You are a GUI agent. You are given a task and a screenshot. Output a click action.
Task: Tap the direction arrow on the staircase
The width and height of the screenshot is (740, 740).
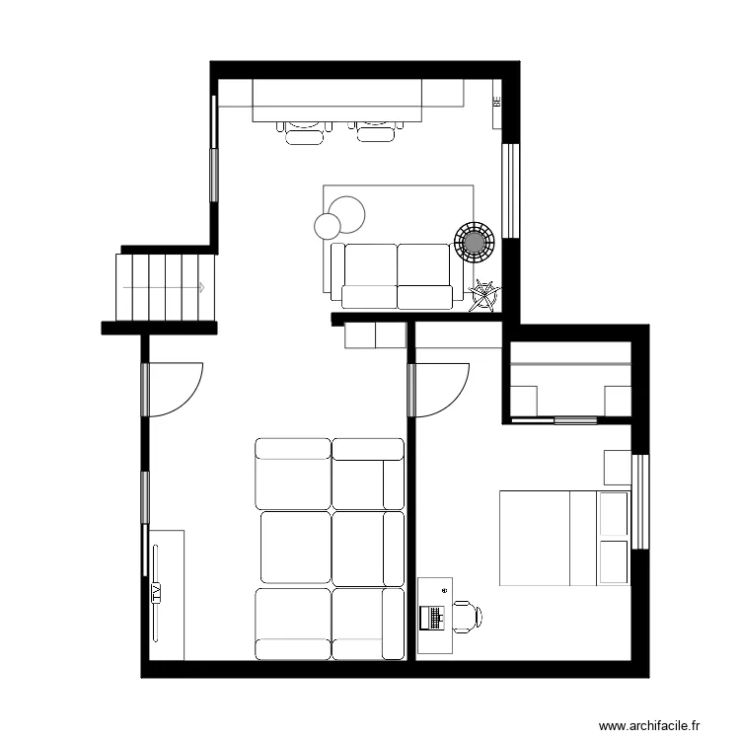[200, 288]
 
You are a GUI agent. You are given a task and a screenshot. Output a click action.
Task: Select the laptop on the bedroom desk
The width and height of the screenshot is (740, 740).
[431, 618]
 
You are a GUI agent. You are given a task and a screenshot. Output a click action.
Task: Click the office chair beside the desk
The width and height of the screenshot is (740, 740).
[466, 617]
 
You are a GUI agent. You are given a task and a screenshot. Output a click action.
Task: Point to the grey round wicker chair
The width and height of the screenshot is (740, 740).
[475, 240]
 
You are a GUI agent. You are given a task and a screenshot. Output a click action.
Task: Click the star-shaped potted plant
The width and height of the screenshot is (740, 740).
[484, 295]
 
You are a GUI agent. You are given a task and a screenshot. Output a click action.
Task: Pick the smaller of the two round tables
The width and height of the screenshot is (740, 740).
[327, 226]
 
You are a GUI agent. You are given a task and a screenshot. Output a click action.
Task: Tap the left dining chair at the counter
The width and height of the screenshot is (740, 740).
[304, 131]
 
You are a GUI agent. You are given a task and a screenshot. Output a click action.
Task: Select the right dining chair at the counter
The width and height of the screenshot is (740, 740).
[376, 131]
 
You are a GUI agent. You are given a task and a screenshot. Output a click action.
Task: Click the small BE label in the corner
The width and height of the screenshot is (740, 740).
[497, 101]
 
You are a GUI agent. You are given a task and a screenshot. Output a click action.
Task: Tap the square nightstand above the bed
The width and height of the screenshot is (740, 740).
[618, 467]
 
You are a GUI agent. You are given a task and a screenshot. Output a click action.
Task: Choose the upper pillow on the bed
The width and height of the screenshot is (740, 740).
[614, 514]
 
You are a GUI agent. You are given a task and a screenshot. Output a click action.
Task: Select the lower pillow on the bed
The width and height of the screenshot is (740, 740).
[614, 561]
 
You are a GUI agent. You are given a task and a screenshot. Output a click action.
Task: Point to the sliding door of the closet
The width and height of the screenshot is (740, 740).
[575, 421]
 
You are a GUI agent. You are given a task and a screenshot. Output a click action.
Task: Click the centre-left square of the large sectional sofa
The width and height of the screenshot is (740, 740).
[295, 547]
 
